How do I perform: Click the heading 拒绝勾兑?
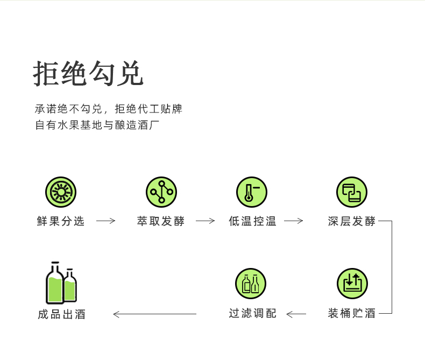point(88,74)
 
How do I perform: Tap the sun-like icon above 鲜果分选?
point(61,192)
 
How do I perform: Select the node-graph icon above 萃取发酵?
point(161,192)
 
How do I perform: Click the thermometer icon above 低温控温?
point(252,192)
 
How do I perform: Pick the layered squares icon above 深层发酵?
point(352,192)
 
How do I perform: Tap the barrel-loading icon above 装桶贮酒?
point(352,284)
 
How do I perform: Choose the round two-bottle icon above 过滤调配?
point(251,284)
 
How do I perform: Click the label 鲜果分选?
point(61,221)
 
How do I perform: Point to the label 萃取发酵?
point(161,221)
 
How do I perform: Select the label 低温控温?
point(252,221)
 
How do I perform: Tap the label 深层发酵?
point(351,221)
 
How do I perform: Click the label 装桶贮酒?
point(351,313)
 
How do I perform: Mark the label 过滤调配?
point(253,313)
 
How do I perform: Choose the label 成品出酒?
point(61,314)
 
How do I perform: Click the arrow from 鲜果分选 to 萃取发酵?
point(105,221)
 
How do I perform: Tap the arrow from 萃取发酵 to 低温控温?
point(205,221)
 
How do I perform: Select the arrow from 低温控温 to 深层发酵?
point(294,221)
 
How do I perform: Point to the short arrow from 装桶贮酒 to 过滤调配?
point(296,314)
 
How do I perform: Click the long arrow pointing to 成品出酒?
point(155,314)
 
